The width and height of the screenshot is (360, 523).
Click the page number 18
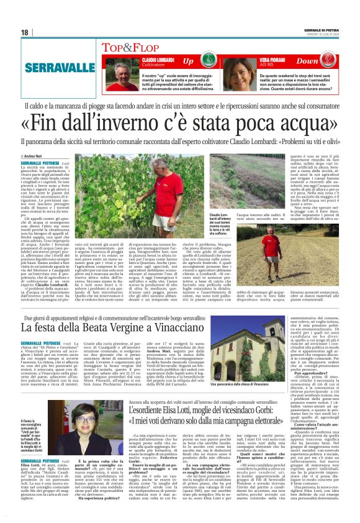pos(25,32)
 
